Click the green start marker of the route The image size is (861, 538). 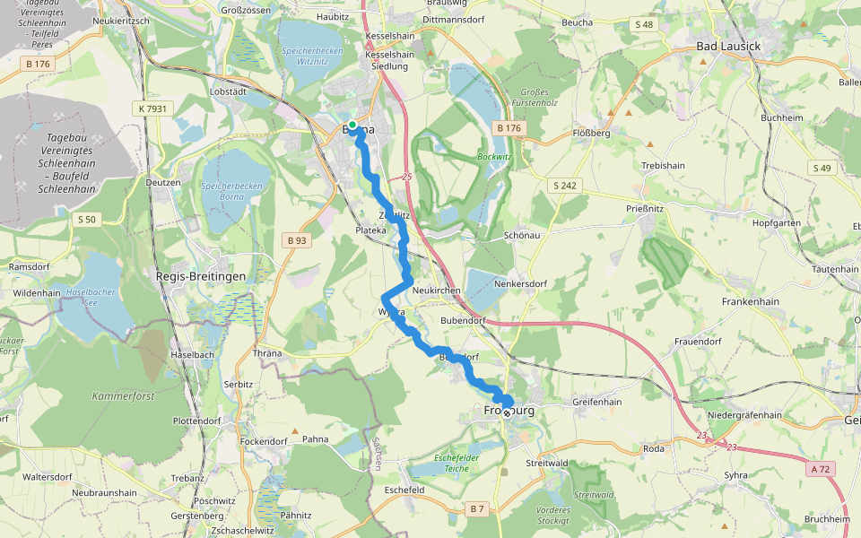pos(352,125)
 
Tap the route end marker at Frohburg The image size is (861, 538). pos(507,413)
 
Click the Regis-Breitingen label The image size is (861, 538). pos(201,276)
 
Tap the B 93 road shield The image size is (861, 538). pos(297,240)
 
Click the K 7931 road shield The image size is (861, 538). pos(153,108)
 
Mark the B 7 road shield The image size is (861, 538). pos(476,509)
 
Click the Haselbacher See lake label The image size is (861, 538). pos(87,298)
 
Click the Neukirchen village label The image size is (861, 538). pos(438,292)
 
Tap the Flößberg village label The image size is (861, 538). pos(591,132)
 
